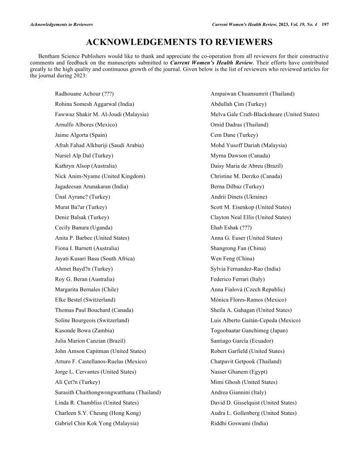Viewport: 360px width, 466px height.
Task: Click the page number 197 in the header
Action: click(326, 24)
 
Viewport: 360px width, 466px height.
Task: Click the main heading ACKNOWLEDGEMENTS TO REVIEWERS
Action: click(179, 42)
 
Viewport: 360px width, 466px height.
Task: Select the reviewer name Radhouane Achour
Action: click(77, 94)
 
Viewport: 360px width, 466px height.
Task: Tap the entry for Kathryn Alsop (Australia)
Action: click(86, 166)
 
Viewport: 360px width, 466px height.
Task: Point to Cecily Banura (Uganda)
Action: click(83, 228)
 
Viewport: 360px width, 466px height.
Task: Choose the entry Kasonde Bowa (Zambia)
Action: click(84, 331)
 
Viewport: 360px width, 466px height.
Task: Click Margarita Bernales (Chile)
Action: click(86, 289)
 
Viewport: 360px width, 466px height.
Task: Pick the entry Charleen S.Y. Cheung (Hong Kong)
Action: click(98, 413)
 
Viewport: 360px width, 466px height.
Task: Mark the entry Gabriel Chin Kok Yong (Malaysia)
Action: click(97, 423)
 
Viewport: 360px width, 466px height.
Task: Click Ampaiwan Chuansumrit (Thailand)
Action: click(252, 94)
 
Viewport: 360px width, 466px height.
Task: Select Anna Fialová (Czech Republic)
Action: click(247, 289)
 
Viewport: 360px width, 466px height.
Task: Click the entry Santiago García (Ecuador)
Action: click(242, 341)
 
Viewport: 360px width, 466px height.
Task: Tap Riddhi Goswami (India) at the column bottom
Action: click(239, 423)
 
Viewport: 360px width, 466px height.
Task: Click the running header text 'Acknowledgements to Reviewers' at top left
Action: click(61, 24)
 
